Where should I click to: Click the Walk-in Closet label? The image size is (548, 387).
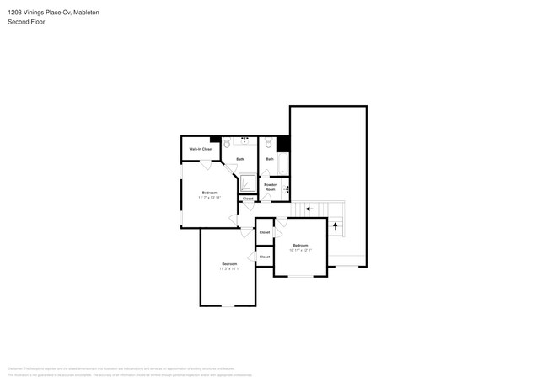click(201, 149)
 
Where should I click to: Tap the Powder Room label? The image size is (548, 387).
click(270, 187)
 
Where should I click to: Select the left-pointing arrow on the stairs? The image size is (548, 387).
click(309, 209)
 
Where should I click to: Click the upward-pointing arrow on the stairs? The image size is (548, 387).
click(336, 225)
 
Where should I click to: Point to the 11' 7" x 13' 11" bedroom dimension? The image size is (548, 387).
click(209, 198)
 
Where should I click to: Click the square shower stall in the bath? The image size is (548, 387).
click(248, 183)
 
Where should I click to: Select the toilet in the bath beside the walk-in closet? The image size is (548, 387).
click(228, 144)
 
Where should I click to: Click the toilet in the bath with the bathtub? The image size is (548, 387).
click(268, 144)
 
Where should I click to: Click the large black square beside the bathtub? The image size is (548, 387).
click(282, 143)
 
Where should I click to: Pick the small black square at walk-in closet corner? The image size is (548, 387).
click(215, 139)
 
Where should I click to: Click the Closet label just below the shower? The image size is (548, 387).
click(248, 199)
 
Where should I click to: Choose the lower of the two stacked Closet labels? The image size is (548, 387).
click(265, 257)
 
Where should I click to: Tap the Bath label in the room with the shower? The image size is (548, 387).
click(240, 159)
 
